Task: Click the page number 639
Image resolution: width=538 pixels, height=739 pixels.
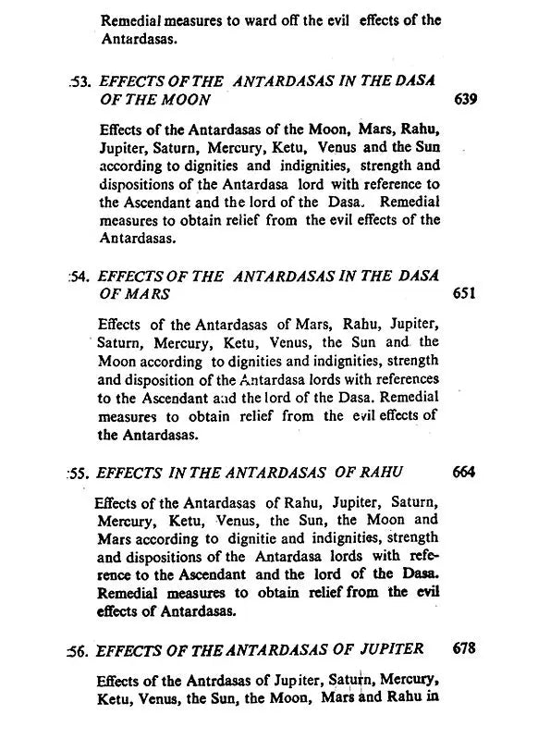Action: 467,100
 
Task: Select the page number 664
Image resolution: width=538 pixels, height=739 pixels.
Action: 465,472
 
